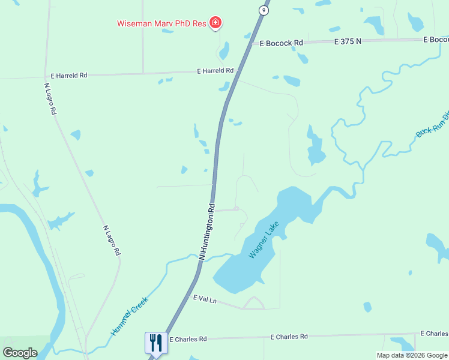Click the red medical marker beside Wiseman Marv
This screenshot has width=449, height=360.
(215, 24)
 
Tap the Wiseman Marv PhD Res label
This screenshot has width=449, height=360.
(161, 24)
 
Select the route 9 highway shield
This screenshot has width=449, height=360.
(264, 10)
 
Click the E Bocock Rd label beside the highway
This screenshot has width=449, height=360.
(282, 43)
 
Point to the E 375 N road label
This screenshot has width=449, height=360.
(349, 41)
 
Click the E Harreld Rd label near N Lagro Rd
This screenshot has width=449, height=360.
(69, 76)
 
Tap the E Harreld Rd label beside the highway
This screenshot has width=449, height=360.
(215, 71)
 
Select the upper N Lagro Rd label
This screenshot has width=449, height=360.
(50, 98)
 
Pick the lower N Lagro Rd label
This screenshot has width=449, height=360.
(112, 241)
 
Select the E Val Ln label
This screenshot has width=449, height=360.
(203, 298)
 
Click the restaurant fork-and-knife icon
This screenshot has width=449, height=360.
(156, 343)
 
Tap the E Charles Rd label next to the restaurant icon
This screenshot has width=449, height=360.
(188, 339)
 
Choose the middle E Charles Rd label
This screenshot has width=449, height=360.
(289, 337)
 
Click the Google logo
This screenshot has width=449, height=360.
(20, 353)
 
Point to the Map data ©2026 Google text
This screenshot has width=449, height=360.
(412, 355)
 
